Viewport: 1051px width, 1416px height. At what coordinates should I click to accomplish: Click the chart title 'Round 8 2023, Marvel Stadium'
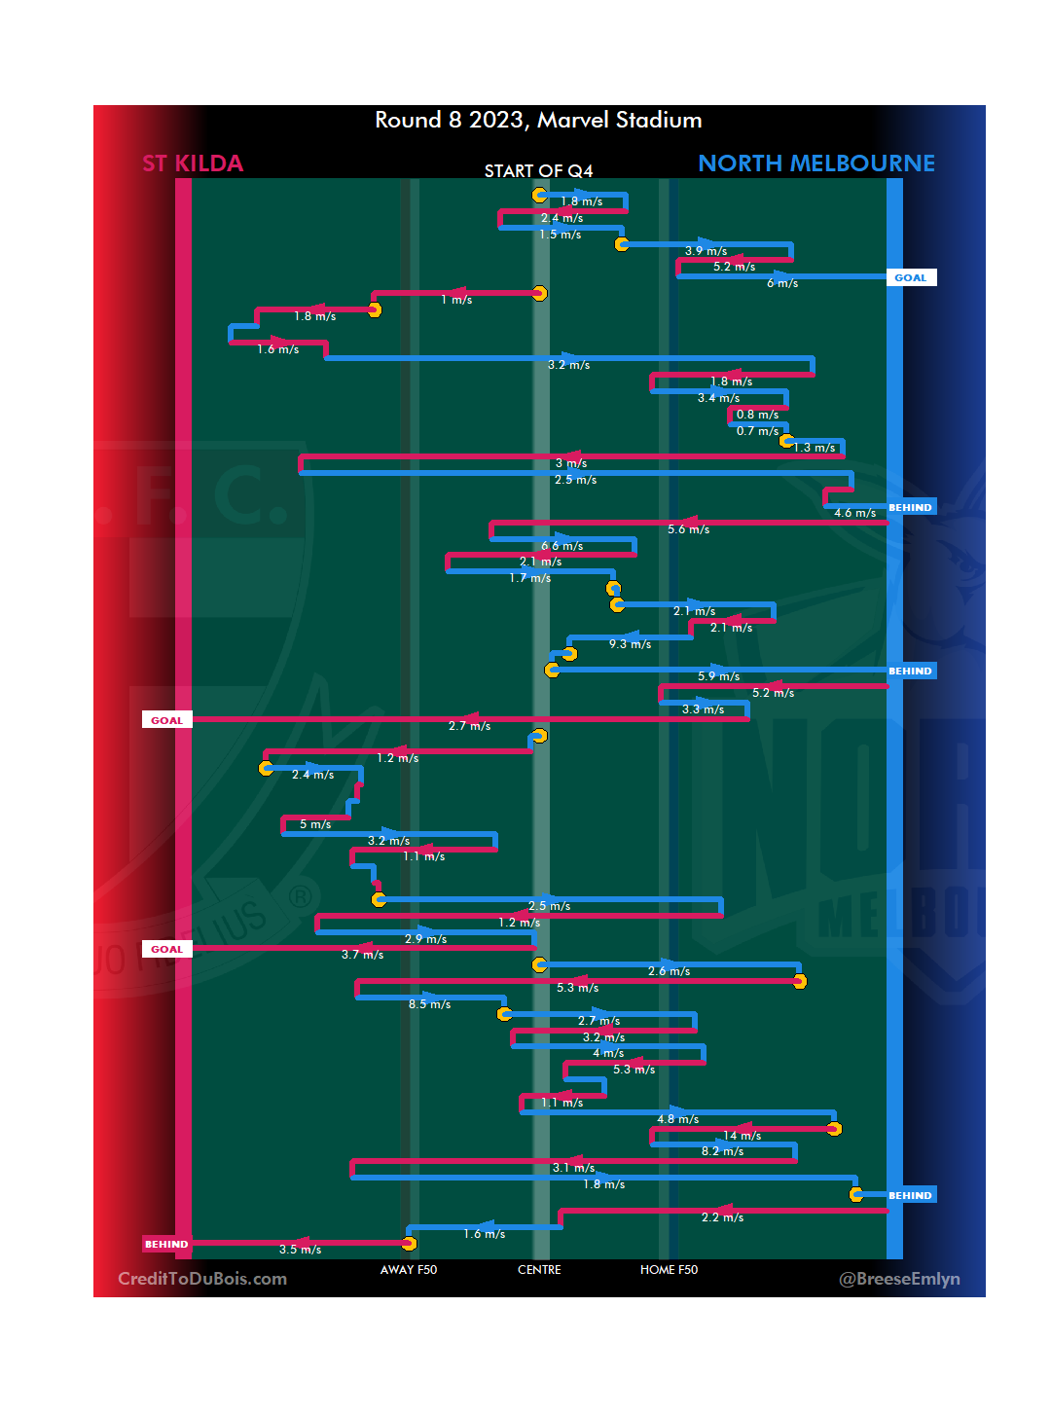(x=538, y=120)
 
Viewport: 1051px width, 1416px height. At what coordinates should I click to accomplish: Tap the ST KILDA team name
(x=193, y=163)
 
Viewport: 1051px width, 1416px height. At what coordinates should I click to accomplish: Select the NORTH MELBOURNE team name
(x=815, y=163)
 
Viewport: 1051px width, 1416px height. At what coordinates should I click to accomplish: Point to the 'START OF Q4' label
(x=538, y=171)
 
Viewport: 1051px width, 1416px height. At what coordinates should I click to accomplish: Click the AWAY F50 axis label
(x=409, y=1270)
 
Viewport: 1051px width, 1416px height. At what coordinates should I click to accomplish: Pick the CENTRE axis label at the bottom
(x=539, y=1270)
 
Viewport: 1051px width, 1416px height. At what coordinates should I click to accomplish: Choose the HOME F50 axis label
(x=669, y=1270)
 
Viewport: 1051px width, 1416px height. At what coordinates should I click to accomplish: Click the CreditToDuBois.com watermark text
(x=202, y=1279)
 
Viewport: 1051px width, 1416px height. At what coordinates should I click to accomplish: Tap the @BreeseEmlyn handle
(x=899, y=1279)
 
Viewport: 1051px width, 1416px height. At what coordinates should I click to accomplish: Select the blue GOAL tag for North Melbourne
(x=911, y=277)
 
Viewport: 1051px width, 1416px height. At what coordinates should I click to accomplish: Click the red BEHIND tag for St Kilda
(x=166, y=1244)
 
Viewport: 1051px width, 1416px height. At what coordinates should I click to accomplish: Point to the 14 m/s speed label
(x=743, y=1136)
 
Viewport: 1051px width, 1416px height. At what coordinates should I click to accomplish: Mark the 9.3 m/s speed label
(x=630, y=644)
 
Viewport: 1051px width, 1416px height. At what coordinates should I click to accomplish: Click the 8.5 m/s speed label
(x=429, y=1004)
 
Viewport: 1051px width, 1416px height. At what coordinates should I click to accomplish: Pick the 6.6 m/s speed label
(x=562, y=546)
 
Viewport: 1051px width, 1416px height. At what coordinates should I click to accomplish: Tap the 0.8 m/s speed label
(x=757, y=415)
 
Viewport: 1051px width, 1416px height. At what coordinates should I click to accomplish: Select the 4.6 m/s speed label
(x=854, y=513)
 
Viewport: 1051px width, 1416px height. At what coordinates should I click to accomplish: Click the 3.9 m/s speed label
(x=706, y=251)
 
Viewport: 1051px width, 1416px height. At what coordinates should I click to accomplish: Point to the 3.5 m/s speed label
(x=300, y=1250)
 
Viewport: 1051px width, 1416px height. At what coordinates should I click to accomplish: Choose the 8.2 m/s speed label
(x=722, y=1151)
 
